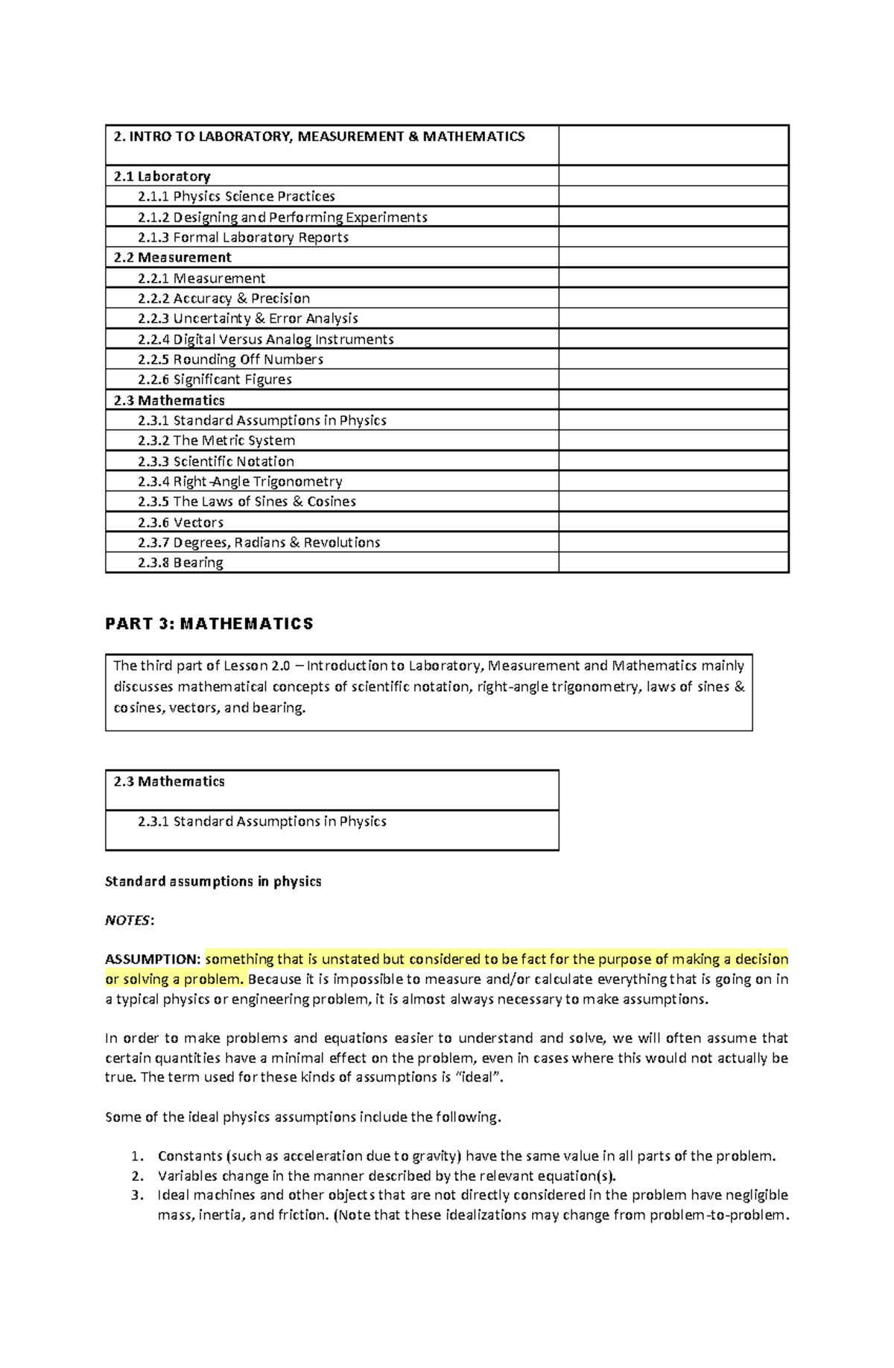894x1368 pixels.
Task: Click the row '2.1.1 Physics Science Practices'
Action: (236, 197)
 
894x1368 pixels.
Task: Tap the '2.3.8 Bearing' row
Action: (180, 563)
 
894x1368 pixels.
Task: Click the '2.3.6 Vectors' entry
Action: (180, 523)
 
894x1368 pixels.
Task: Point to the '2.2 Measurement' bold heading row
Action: (172, 258)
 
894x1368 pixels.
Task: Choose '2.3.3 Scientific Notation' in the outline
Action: (215, 461)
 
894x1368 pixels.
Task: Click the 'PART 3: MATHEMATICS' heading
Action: (209, 624)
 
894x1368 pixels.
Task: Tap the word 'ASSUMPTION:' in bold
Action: (153, 959)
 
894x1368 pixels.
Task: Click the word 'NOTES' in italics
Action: (127, 921)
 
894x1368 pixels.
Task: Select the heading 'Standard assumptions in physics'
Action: (213, 882)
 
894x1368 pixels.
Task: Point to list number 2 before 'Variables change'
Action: (136, 1176)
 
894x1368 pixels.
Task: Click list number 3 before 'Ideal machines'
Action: (136, 1196)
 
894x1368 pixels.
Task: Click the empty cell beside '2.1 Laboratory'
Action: (673, 177)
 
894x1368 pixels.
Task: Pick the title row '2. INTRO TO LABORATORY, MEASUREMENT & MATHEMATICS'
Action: (319, 137)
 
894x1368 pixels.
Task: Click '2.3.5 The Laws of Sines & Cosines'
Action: (247, 502)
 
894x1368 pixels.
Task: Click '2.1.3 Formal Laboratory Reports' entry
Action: (243, 238)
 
